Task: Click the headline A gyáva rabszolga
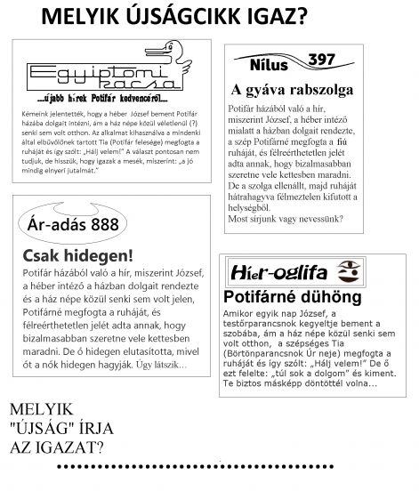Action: (x=291, y=90)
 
